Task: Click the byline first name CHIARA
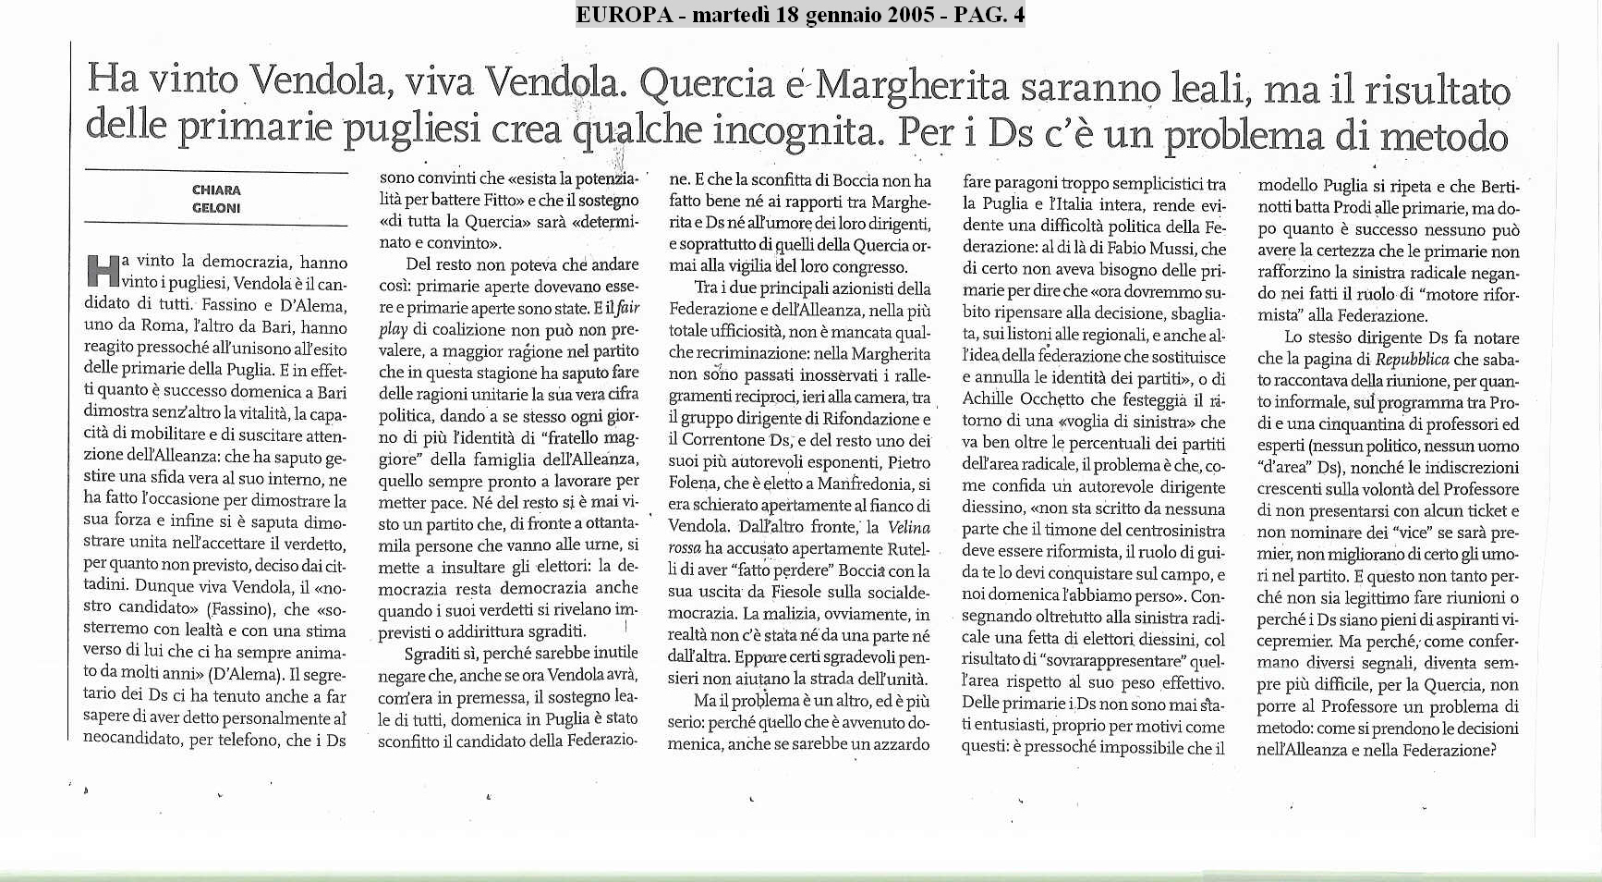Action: click(216, 190)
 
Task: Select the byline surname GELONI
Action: click(216, 208)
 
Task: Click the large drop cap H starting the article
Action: click(101, 270)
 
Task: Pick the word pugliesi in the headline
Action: click(411, 129)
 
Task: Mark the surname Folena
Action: click(693, 484)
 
